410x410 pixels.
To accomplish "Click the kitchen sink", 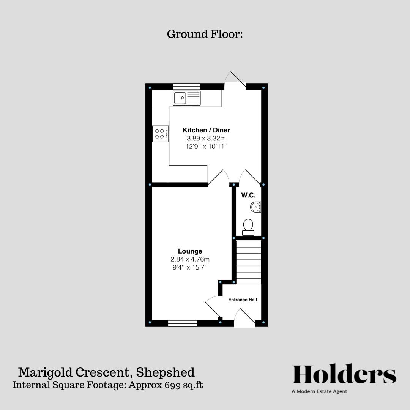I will [x=186, y=98].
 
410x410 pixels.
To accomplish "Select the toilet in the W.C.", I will [x=248, y=227].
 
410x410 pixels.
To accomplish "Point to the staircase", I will [x=249, y=262].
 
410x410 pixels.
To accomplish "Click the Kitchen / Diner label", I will [x=206, y=130].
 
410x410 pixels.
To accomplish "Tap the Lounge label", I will [x=190, y=251].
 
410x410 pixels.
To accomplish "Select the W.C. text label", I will [x=248, y=195].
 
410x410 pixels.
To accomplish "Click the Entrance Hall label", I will [x=242, y=300].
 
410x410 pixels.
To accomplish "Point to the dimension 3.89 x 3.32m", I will [x=206, y=139].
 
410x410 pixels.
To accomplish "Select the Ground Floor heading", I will [x=205, y=34].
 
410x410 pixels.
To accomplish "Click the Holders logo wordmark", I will [x=344, y=375].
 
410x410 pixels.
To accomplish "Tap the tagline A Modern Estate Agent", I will [x=319, y=391].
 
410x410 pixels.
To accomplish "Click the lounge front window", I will [x=182, y=323].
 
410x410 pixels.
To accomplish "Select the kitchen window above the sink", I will [x=186, y=87].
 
